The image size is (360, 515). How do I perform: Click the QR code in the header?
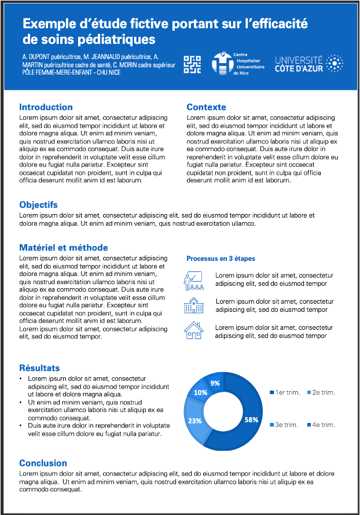(192, 64)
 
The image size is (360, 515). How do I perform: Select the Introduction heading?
(46, 107)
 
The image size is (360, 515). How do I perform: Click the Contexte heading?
(206, 107)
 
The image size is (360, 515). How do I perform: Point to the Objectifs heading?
(38, 205)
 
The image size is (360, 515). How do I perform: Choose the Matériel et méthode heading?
(64, 248)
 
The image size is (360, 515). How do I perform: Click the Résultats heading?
(39, 368)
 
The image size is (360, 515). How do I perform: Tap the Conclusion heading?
(43, 463)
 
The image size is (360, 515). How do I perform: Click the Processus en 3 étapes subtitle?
(221, 259)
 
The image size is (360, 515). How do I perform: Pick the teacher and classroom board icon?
(193, 280)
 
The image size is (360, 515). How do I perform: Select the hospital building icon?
(193, 306)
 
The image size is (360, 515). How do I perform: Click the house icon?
(193, 331)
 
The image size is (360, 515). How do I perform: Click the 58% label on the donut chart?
(251, 420)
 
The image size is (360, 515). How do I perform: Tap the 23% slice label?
(194, 421)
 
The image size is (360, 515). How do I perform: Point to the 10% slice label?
(200, 392)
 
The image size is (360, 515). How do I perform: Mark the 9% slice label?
(215, 383)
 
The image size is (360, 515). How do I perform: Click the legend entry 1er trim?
(285, 393)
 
